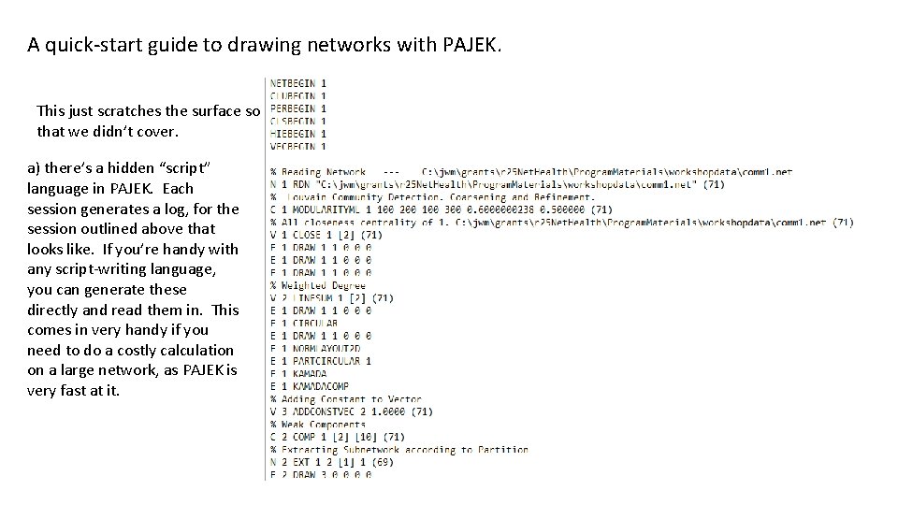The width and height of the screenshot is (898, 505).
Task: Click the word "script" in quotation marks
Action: click(190, 167)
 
